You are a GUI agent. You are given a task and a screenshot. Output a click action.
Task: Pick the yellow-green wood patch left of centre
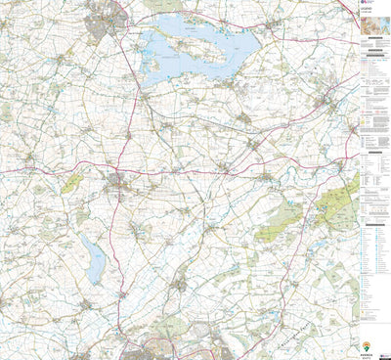click(x=70, y=183)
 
